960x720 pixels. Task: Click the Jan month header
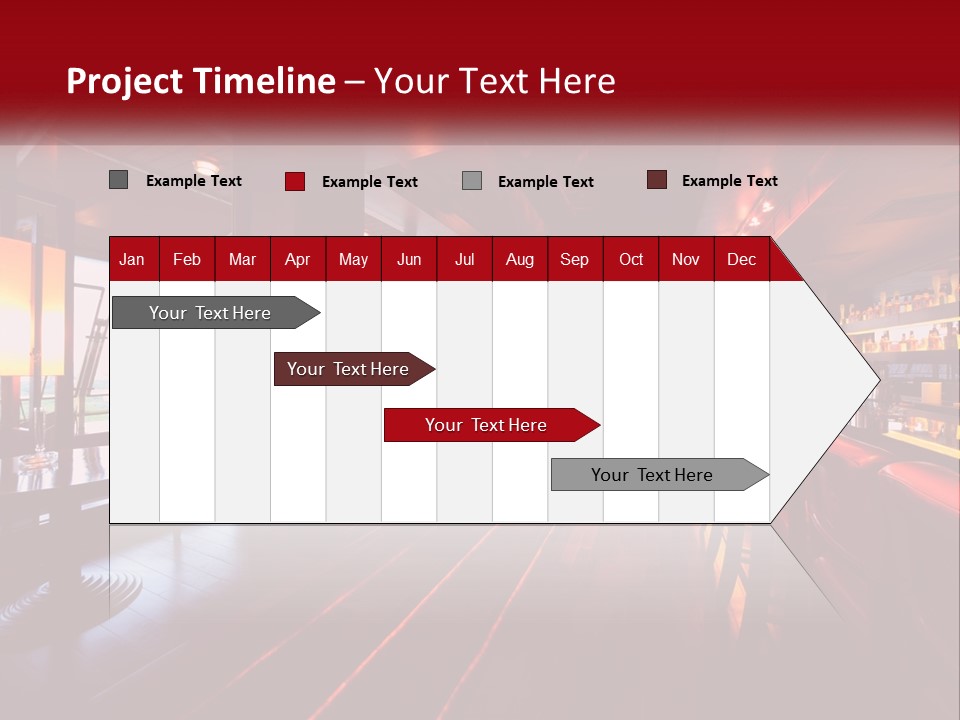132,260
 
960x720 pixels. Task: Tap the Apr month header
297,260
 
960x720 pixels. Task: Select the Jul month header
464,260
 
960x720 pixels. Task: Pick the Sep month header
574,260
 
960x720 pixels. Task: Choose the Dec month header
741,260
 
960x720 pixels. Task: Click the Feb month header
187,260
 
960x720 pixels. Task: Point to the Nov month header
685,260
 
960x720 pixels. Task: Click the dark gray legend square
118,180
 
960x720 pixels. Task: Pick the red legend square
295,181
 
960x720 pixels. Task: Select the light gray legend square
472,180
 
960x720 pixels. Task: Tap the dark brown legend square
657,180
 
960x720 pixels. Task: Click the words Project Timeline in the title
201,81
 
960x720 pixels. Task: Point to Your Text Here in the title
495,81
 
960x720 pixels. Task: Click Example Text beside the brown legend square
729,181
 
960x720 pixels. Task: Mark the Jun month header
409,260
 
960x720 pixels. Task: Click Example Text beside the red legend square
369,182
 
